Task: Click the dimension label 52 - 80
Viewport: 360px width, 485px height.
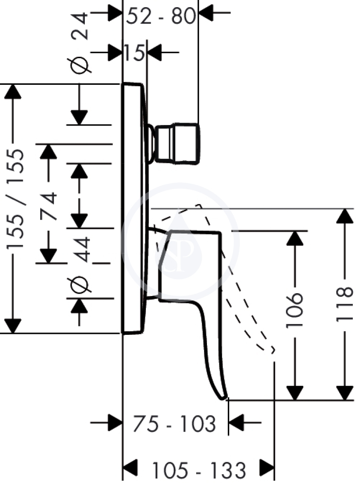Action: [x=161, y=16]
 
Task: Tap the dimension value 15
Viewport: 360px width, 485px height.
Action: [x=134, y=52]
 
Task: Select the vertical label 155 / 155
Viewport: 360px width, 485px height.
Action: [x=15, y=199]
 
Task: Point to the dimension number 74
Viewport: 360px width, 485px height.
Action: [x=49, y=206]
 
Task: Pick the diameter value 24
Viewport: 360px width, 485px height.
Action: [x=80, y=27]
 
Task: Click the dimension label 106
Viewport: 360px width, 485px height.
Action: [x=294, y=311]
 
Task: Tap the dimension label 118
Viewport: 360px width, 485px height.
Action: [x=344, y=304]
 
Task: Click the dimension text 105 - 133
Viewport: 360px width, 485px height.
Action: [x=199, y=470]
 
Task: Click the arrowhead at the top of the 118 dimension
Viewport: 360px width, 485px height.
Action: [x=344, y=216]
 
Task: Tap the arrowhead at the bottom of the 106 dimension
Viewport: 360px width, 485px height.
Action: [x=295, y=393]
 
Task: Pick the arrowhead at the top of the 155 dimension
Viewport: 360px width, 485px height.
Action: [x=13, y=91]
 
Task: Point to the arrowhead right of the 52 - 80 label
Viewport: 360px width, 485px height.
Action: [x=206, y=13]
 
